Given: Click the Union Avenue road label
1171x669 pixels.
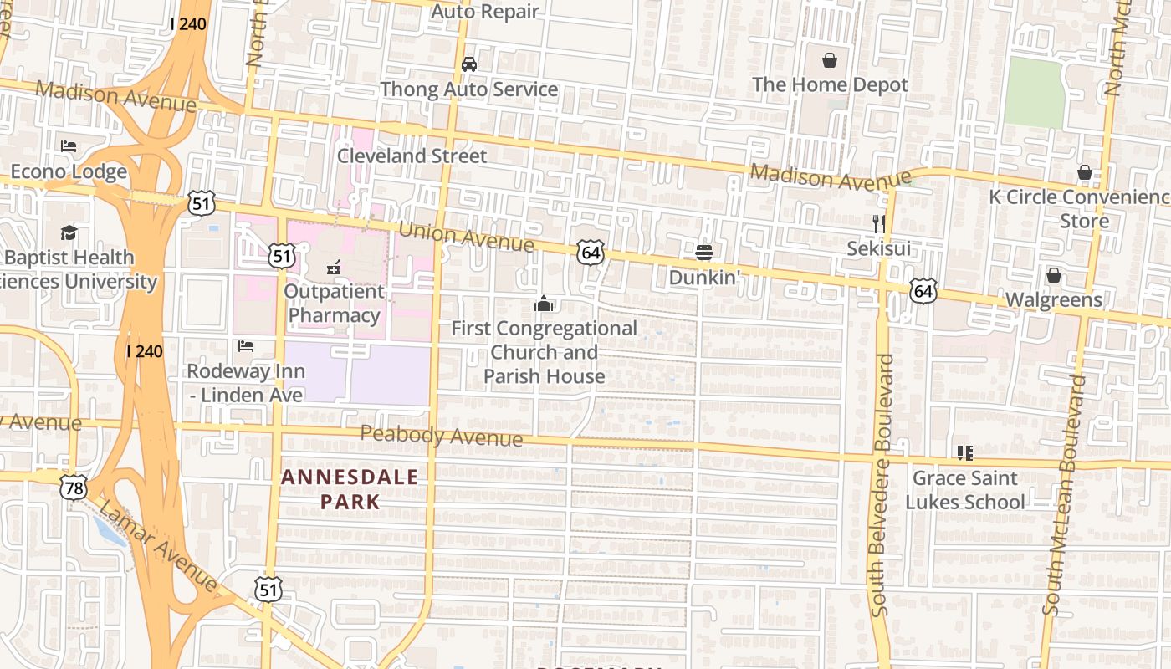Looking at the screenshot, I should (x=466, y=237).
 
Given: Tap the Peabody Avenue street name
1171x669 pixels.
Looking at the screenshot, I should (x=442, y=436).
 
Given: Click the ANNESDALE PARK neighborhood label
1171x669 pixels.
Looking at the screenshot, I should (x=350, y=489).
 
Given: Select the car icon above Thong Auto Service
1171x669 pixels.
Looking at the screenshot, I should (x=469, y=64).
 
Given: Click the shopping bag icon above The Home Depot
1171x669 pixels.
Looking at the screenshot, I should (x=830, y=60).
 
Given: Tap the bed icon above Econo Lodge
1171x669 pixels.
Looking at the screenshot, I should (x=69, y=146).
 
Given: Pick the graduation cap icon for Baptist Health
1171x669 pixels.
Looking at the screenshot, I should (x=69, y=232).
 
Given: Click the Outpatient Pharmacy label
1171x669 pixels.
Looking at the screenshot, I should (x=334, y=304).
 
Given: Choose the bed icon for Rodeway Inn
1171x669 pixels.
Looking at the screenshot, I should (x=245, y=345).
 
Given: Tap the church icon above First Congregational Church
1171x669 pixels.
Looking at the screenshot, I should (x=544, y=304).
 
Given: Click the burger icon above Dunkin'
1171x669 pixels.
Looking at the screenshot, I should (x=703, y=252).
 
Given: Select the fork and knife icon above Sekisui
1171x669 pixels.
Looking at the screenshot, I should (x=878, y=223).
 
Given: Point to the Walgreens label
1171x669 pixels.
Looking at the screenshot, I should (x=1053, y=299).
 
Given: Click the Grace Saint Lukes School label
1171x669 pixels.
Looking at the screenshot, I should (x=964, y=490).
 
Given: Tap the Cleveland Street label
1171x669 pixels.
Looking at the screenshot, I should (x=412, y=156).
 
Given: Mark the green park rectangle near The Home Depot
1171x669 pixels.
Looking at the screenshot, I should (x=1035, y=93).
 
